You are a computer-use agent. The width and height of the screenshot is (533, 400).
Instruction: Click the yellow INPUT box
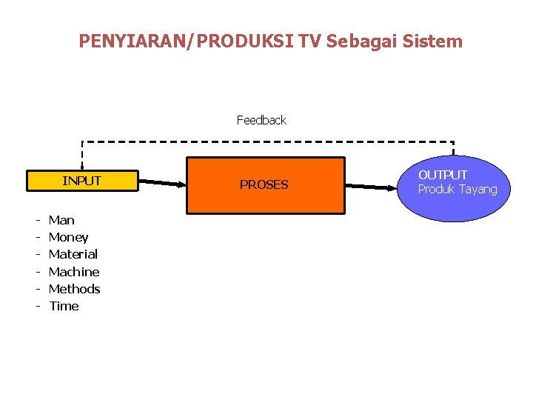tap(82, 181)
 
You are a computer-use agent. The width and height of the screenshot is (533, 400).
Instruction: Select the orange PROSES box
tap(264, 185)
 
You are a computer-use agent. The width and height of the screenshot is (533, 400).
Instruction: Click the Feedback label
tap(261, 120)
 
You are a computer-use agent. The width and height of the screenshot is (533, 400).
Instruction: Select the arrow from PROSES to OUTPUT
tap(370, 187)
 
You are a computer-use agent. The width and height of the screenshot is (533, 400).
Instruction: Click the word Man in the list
tap(61, 220)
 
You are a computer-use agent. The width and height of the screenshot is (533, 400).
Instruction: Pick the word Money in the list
tap(68, 237)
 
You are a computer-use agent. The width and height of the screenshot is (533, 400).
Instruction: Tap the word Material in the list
tap(73, 254)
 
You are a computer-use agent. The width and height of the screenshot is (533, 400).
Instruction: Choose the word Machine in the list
tap(73, 272)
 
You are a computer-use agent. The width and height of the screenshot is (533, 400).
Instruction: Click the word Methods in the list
tap(74, 289)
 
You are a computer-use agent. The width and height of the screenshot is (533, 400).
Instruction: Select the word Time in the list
tap(64, 306)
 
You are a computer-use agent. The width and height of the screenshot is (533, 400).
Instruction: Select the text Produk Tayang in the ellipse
tap(457, 190)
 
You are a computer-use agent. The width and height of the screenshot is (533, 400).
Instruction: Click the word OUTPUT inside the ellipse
tap(443, 175)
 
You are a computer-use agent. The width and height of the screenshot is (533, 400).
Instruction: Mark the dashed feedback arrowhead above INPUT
tap(82, 167)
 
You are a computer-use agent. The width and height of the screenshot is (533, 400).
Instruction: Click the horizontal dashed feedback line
tap(266, 141)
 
